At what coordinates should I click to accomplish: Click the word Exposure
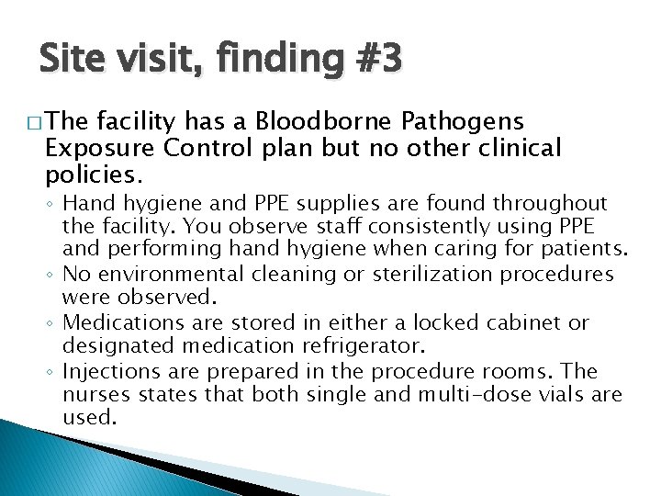coord(95,148)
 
